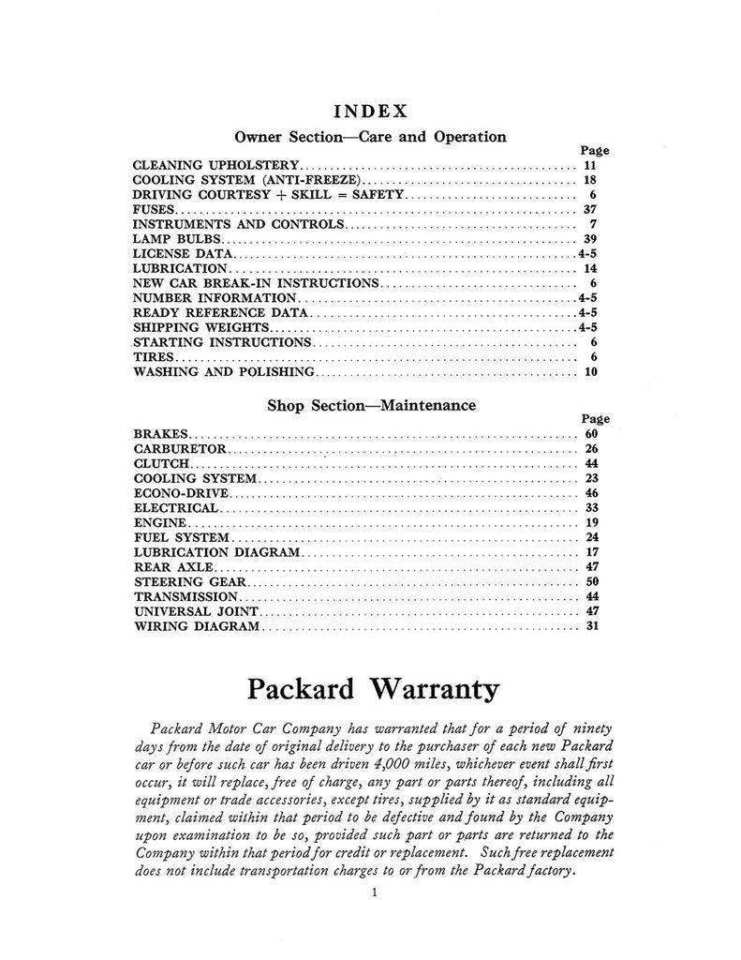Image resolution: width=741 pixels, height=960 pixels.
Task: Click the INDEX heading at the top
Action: pyautogui.click(x=370, y=111)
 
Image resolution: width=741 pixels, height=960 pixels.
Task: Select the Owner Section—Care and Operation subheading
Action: pyautogui.click(x=370, y=137)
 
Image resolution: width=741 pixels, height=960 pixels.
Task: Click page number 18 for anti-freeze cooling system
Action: pyautogui.click(x=589, y=180)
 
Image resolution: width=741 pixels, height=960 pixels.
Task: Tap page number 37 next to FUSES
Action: pyautogui.click(x=589, y=210)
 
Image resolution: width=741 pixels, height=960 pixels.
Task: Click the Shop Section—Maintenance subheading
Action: pyautogui.click(x=370, y=406)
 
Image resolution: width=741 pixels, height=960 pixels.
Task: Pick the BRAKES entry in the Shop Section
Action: pyautogui.click(x=161, y=435)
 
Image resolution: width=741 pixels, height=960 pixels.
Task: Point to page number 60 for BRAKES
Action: pyautogui.click(x=589, y=435)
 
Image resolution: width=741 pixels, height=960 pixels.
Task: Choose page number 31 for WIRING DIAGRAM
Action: pyautogui.click(x=589, y=626)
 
